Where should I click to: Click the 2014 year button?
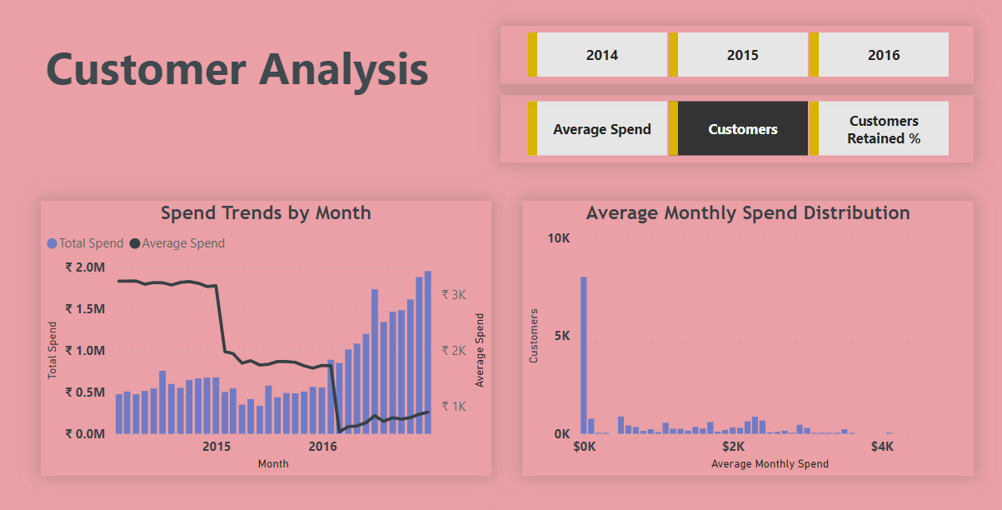click(601, 55)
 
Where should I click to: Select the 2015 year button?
click(742, 55)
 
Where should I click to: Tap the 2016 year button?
click(883, 55)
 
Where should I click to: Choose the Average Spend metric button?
click(601, 129)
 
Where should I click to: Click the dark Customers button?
click(742, 129)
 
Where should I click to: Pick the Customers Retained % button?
click(883, 129)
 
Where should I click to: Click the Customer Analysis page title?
click(237, 68)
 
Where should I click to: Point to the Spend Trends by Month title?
click(266, 212)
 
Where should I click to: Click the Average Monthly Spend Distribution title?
click(747, 212)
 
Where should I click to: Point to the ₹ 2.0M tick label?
click(85, 267)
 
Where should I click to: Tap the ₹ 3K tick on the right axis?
click(453, 295)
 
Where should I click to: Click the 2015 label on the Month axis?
click(217, 447)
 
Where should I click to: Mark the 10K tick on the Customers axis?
click(558, 238)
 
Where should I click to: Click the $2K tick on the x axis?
click(733, 447)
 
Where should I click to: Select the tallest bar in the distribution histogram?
click(584, 354)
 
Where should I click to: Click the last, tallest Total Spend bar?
click(427, 352)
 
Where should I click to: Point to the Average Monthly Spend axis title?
click(770, 463)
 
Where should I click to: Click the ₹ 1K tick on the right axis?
click(453, 407)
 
